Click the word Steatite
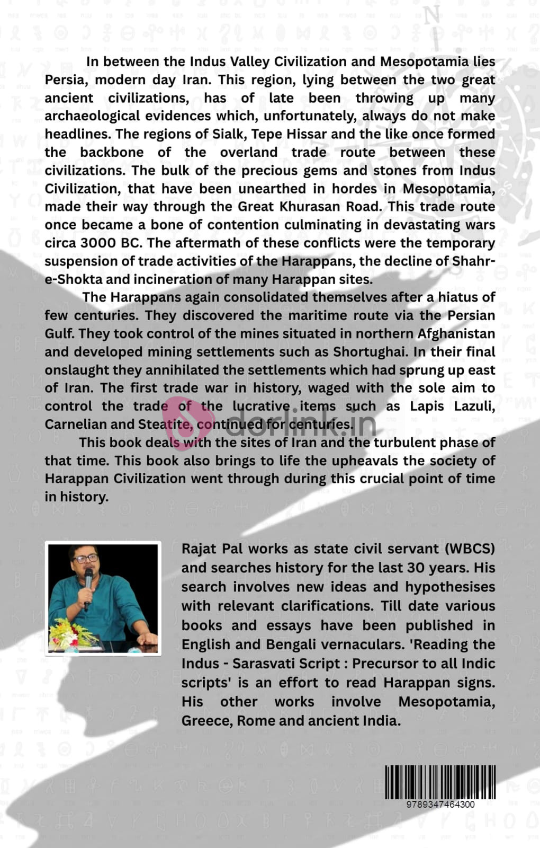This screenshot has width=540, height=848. pos(166,425)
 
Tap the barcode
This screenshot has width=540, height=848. pos(440,782)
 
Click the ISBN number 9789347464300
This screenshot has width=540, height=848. pos(440,804)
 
